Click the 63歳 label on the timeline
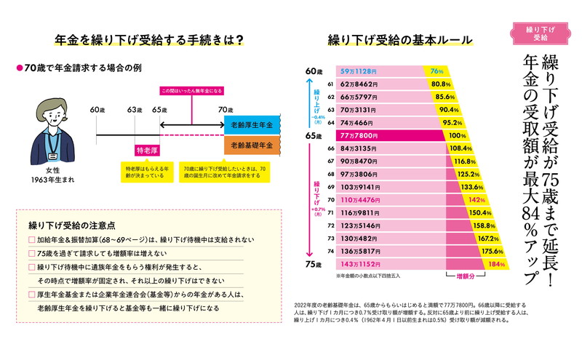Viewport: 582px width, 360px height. [x=134, y=109]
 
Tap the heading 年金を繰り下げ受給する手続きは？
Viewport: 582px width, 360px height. [x=148, y=41]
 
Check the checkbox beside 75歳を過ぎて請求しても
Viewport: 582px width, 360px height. [x=31, y=253]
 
